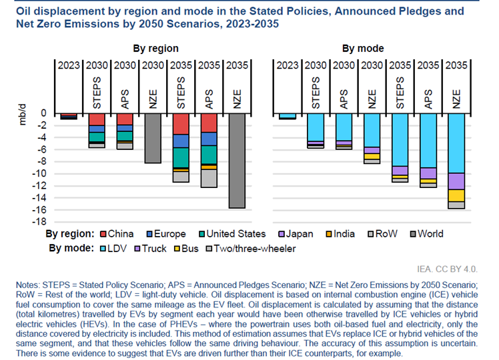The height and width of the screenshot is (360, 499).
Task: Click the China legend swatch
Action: coord(102,234)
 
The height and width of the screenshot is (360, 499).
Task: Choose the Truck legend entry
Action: coord(148,248)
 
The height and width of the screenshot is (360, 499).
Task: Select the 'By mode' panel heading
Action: coord(363,48)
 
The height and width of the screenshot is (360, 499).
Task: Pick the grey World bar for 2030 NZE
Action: coord(153,138)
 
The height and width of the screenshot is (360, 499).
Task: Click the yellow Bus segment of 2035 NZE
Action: coord(456,195)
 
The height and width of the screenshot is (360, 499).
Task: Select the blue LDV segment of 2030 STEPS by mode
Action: coord(316,127)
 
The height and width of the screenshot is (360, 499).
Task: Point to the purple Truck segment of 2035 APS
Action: coord(428,173)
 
